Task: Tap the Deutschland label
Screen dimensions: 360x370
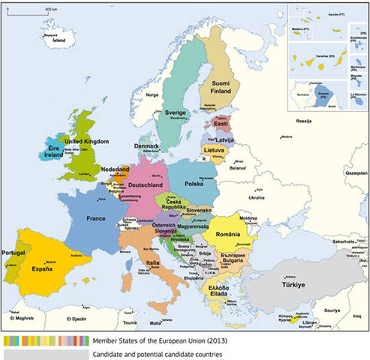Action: pos(146,184)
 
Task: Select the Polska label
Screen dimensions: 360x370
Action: pos(195,181)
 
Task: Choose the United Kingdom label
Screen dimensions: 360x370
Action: pos(86,140)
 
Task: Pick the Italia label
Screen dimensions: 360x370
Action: pos(152,263)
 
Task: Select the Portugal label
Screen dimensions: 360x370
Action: pos(14,253)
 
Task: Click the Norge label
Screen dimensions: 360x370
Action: pos(152,95)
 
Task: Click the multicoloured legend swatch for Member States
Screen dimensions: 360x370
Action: pos(44,341)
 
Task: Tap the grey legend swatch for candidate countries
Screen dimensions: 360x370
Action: pos(44,354)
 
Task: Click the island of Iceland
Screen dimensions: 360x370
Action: pos(54,39)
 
